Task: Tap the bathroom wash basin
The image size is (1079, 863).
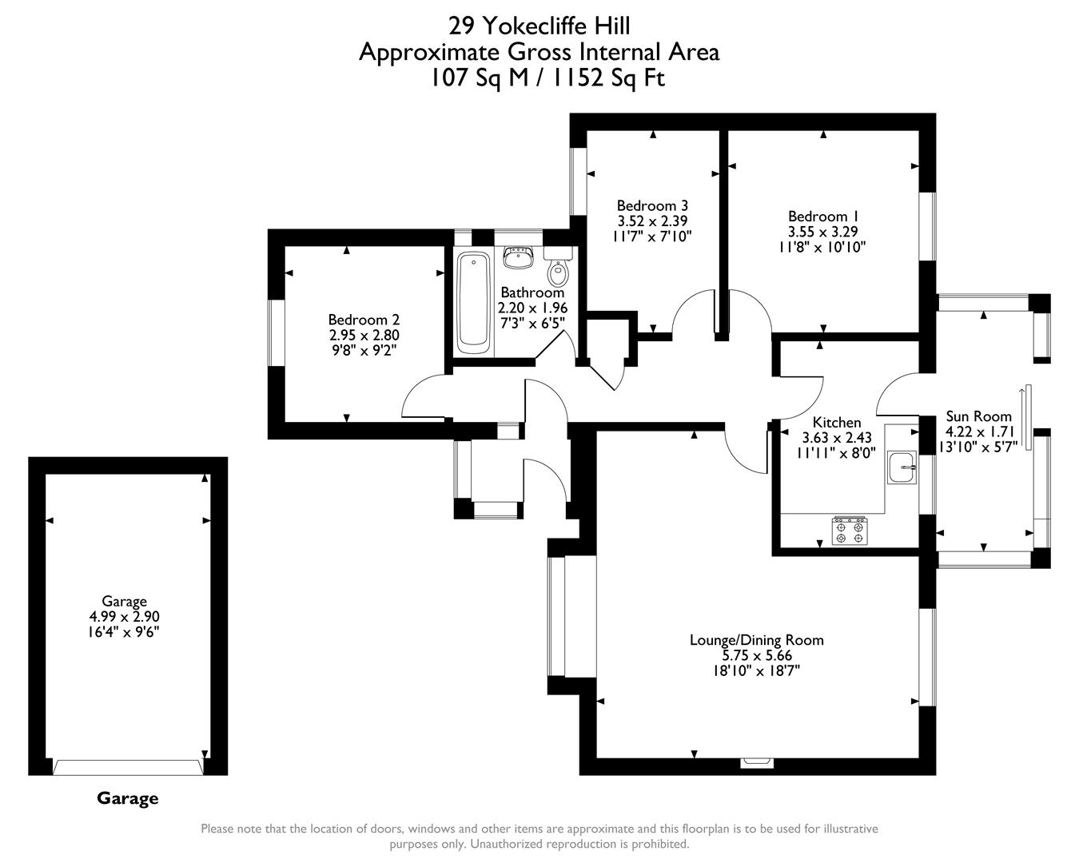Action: (518, 257)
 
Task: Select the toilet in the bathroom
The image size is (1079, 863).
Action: (558, 270)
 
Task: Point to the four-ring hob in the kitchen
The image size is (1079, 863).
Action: (850, 531)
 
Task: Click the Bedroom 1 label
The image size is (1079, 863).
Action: (822, 217)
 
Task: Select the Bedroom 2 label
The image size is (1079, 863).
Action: (364, 320)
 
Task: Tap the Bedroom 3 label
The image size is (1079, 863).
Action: (652, 205)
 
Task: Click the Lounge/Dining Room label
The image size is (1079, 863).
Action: (756, 640)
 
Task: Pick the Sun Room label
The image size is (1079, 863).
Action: (978, 416)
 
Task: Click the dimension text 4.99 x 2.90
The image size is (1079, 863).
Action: (124, 617)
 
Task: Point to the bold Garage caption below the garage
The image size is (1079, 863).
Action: (127, 798)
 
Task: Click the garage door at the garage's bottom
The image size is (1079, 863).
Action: (128, 767)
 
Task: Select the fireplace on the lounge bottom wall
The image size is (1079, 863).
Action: (756, 762)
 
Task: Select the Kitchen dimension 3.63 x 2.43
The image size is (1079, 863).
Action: (836, 437)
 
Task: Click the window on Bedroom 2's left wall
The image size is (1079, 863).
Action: (277, 332)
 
